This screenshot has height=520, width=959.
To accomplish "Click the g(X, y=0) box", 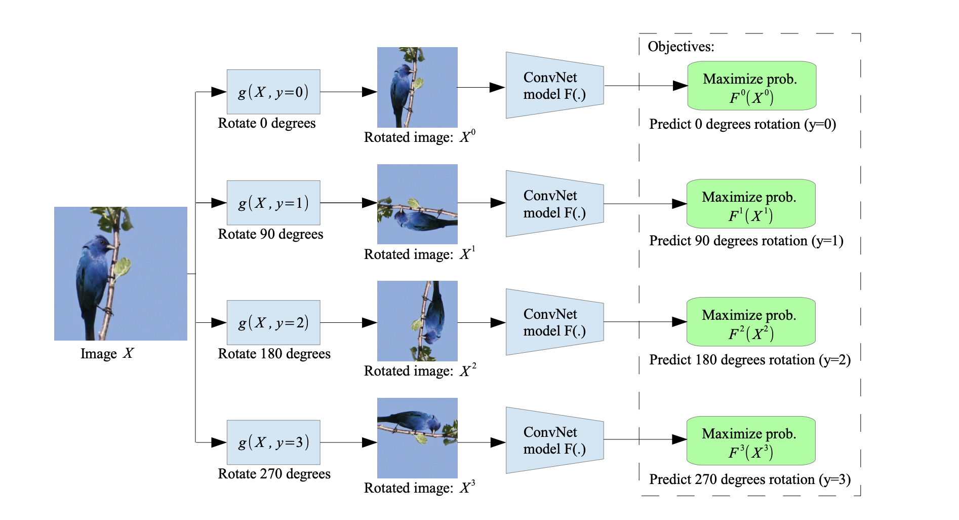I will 273,92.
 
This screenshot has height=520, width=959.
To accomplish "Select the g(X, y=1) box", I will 273,203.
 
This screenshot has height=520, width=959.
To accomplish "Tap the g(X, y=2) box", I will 273,322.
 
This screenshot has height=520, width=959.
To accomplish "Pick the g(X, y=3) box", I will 273,442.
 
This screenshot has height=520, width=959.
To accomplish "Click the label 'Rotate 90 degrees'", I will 270,234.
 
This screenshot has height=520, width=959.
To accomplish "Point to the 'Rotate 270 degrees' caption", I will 274,474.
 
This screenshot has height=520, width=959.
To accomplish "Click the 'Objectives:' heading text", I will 681,47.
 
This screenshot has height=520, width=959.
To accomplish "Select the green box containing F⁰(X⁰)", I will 751,86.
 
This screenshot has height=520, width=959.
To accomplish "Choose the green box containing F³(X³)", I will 751,441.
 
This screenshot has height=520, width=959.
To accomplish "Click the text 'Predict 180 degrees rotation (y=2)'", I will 750,360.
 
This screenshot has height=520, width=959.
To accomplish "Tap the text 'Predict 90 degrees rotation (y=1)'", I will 746,241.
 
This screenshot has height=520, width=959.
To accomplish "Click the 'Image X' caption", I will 107,353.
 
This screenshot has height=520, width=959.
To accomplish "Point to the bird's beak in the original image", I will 110,247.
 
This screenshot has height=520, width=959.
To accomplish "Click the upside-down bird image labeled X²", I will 417,321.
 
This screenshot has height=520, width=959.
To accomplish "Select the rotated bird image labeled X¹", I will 417,204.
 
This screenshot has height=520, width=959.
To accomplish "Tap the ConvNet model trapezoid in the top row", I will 554,86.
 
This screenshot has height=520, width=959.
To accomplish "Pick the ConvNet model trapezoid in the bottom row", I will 554,440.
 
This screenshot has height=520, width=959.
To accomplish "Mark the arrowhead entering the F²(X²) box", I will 680,322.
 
